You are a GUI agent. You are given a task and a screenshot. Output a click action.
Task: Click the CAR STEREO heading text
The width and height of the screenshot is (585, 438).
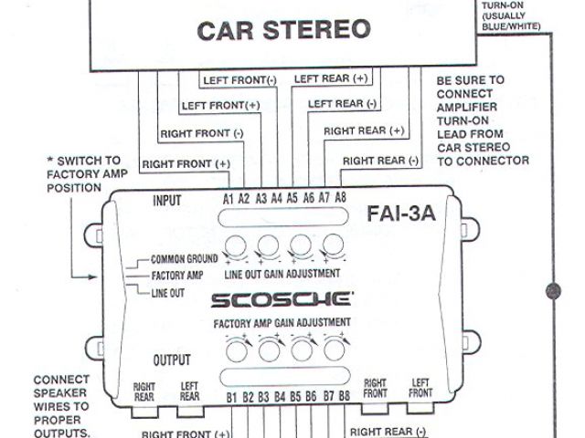point(285,30)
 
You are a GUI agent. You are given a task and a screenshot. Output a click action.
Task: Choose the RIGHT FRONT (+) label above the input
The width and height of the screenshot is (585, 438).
point(197,163)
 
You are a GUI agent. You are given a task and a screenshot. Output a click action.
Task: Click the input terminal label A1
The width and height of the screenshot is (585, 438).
point(229,198)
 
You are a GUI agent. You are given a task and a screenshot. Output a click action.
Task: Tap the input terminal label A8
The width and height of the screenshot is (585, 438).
point(340,198)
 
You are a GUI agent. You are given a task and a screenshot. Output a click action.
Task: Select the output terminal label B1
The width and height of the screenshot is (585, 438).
point(231,398)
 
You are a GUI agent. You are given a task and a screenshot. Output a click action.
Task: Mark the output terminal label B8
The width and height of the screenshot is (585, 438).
point(345,398)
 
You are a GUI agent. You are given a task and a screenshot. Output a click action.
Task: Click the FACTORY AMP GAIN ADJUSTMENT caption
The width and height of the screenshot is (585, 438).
point(282,323)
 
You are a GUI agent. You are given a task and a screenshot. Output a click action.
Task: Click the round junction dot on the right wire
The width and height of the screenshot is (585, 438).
point(552,292)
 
